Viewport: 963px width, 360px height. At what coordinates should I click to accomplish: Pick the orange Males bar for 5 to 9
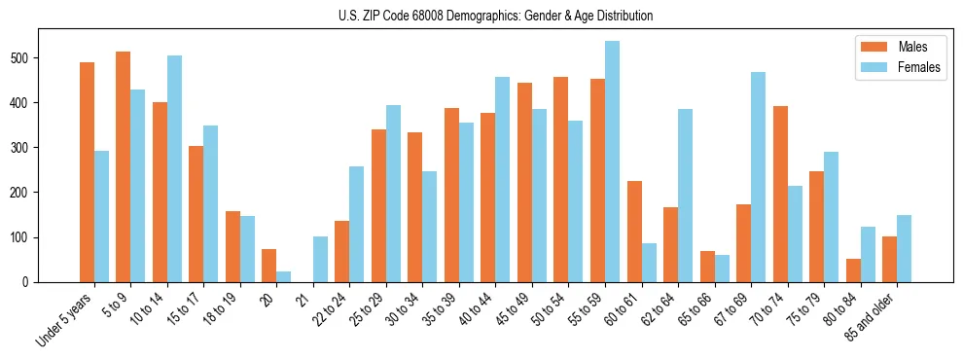point(123,166)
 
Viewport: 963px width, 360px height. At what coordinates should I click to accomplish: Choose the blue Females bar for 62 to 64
point(685,196)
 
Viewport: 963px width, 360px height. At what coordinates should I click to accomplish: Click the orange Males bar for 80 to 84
point(853,270)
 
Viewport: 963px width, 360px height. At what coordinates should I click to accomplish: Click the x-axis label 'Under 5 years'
point(66,317)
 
